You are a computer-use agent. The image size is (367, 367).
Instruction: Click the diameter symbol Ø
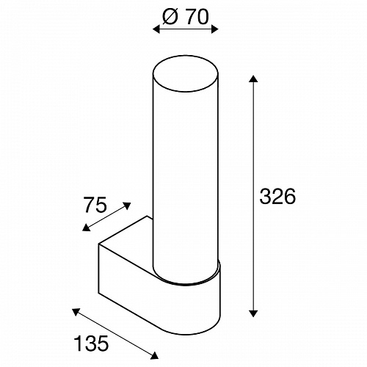(x=170, y=18)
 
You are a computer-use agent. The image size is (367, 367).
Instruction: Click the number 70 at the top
(x=196, y=18)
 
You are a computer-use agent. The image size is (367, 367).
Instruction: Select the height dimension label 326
(x=277, y=197)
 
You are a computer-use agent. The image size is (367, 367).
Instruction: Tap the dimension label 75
(x=95, y=205)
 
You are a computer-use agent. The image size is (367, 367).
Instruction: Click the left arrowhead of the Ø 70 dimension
(x=156, y=29)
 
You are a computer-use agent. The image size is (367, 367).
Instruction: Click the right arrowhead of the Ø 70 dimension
(x=214, y=29)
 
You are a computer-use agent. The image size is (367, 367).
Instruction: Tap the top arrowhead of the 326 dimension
(x=253, y=79)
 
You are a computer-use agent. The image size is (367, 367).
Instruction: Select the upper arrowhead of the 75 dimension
(x=128, y=206)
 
